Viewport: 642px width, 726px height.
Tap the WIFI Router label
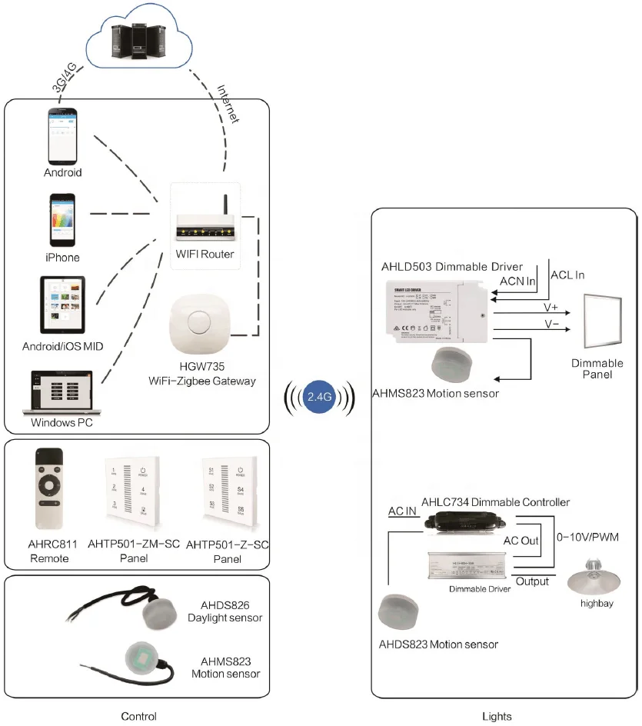(205, 255)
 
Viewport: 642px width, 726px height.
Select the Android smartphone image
(62, 135)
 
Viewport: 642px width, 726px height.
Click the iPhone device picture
(62, 219)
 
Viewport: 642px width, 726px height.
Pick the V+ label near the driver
(551, 306)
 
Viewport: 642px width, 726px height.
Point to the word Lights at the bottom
(497, 717)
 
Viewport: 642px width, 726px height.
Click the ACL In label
(567, 275)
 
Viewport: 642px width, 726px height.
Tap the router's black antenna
(226, 204)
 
